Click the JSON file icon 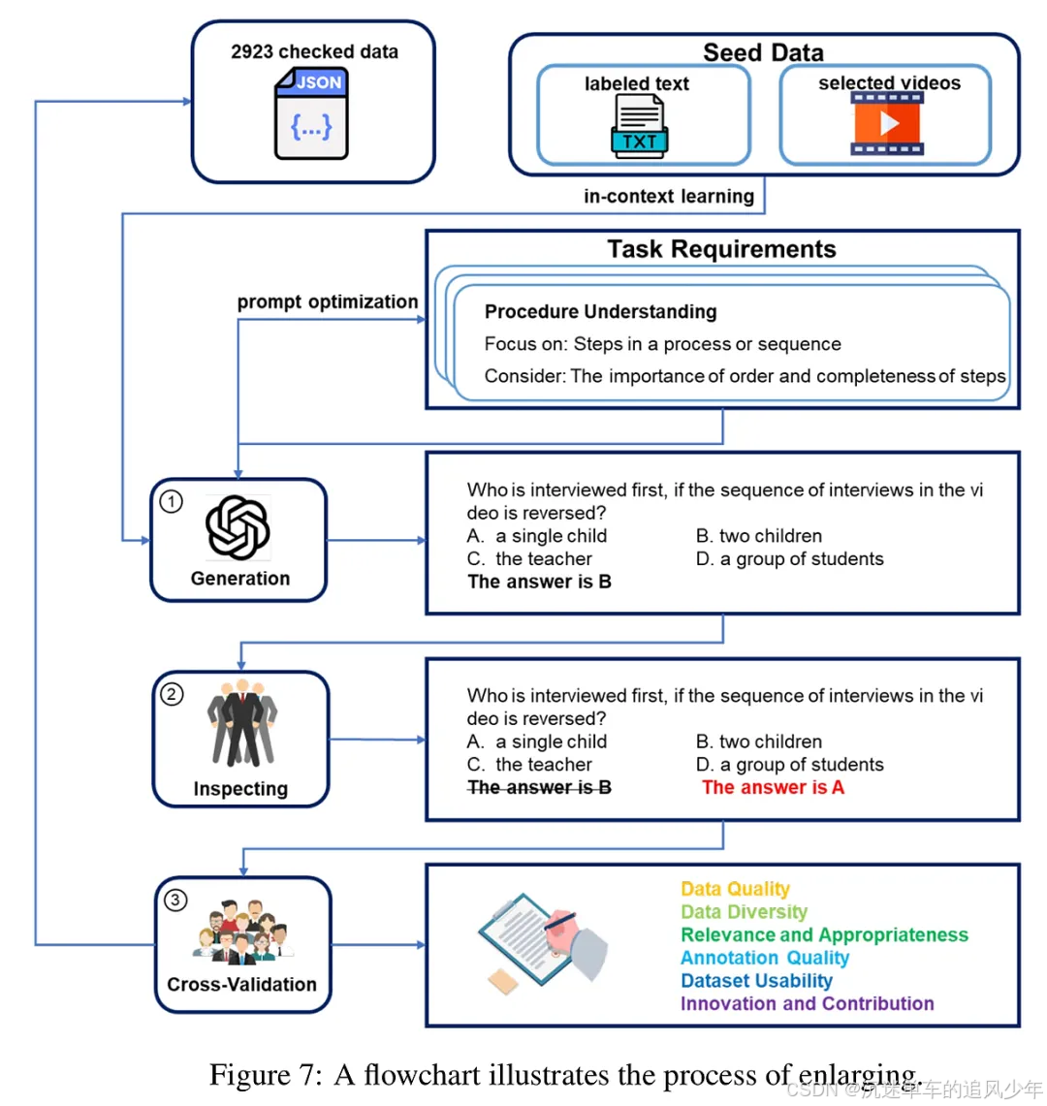pyautogui.click(x=311, y=113)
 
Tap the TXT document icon pyautogui.click(x=639, y=127)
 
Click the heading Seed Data pyautogui.click(x=763, y=52)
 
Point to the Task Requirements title pyautogui.click(x=721, y=249)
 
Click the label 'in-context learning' pyautogui.click(x=668, y=196)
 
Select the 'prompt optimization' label pyautogui.click(x=328, y=301)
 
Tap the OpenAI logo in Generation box pyautogui.click(x=238, y=528)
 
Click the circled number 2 pyautogui.click(x=172, y=694)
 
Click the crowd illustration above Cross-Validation pyautogui.click(x=242, y=932)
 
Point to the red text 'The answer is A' pyautogui.click(x=773, y=787)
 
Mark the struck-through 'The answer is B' pyautogui.click(x=539, y=787)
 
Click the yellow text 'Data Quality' pyautogui.click(x=735, y=889)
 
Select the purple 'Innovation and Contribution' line pyautogui.click(x=807, y=1003)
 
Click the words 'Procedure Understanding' pyautogui.click(x=600, y=311)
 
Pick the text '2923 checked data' pyautogui.click(x=314, y=51)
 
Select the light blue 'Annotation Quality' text pyautogui.click(x=765, y=958)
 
